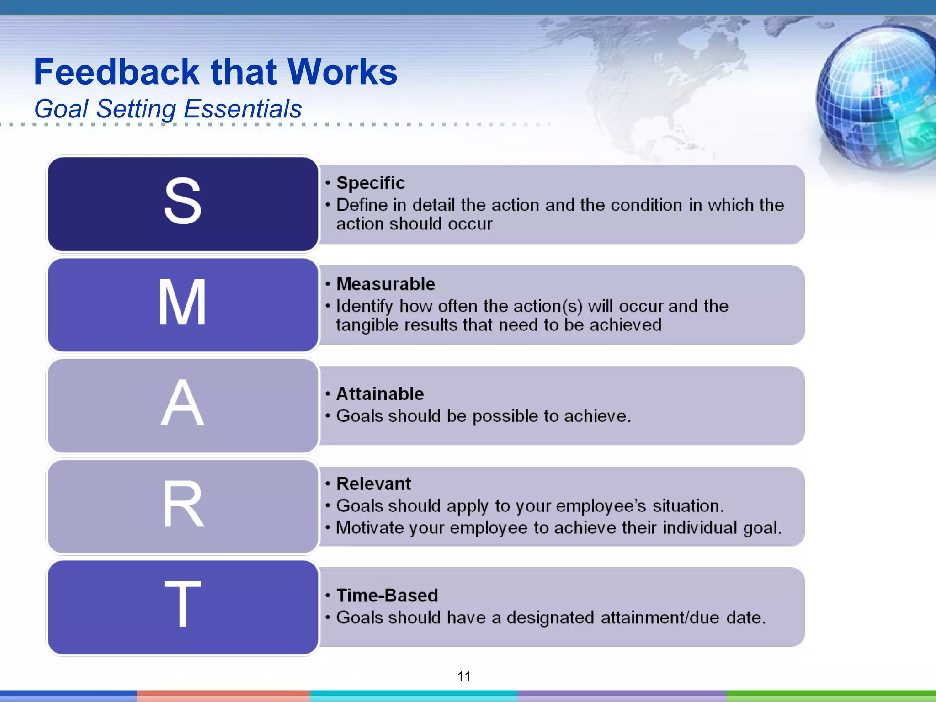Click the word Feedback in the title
pos(117,72)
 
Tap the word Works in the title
pos(342,72)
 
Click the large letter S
pos(183,201)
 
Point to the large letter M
pos(182,303)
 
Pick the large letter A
pos(182,403)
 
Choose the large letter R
pos(183,504)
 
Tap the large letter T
pos(183,604)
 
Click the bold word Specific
pos(371,183)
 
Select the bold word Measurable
pos(386,284)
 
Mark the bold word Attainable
pos(380,394)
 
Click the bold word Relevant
pos(374,484)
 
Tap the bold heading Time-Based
pos(387,596)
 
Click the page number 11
pos(464,676)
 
